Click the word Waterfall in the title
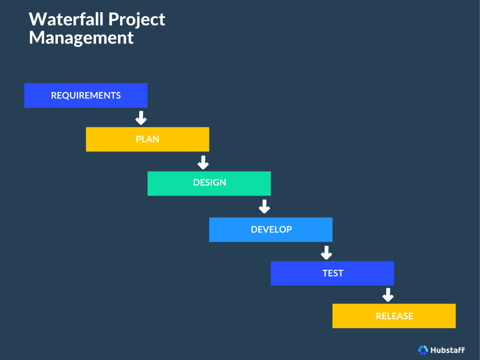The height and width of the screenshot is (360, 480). [x=66, y=19]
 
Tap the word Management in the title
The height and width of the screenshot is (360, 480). [x=81, y=37]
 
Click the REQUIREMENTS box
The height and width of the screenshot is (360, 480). [x=86, y=96]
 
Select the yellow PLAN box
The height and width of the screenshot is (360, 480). [x=148, y=139]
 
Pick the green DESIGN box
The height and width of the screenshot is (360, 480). [x=209, y=183]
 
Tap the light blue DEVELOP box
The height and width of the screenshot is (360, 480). [x=271, y=230]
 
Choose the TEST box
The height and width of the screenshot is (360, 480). [x=332, y=273]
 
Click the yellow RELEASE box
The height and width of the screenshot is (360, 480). [x=394, y=316]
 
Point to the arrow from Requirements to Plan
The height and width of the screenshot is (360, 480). [x=141, y=118]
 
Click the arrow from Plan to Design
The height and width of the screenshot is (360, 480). [x=203, y=162]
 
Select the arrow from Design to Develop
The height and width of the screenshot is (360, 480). [x=265, y=206]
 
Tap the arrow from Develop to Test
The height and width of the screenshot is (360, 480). [x=326, y=253]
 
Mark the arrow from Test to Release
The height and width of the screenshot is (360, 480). [x=388, y=295]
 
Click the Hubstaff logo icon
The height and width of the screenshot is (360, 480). [x=423, y=350]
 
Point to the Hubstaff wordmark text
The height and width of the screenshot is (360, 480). [x=447, y=350]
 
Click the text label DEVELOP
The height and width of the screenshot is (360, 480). [x=271, y=230]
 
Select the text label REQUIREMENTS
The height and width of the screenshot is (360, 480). [x=86, y=96]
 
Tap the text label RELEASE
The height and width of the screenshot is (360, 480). [x=394, y=316]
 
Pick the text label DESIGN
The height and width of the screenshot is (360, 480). [x=209, y=182]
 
